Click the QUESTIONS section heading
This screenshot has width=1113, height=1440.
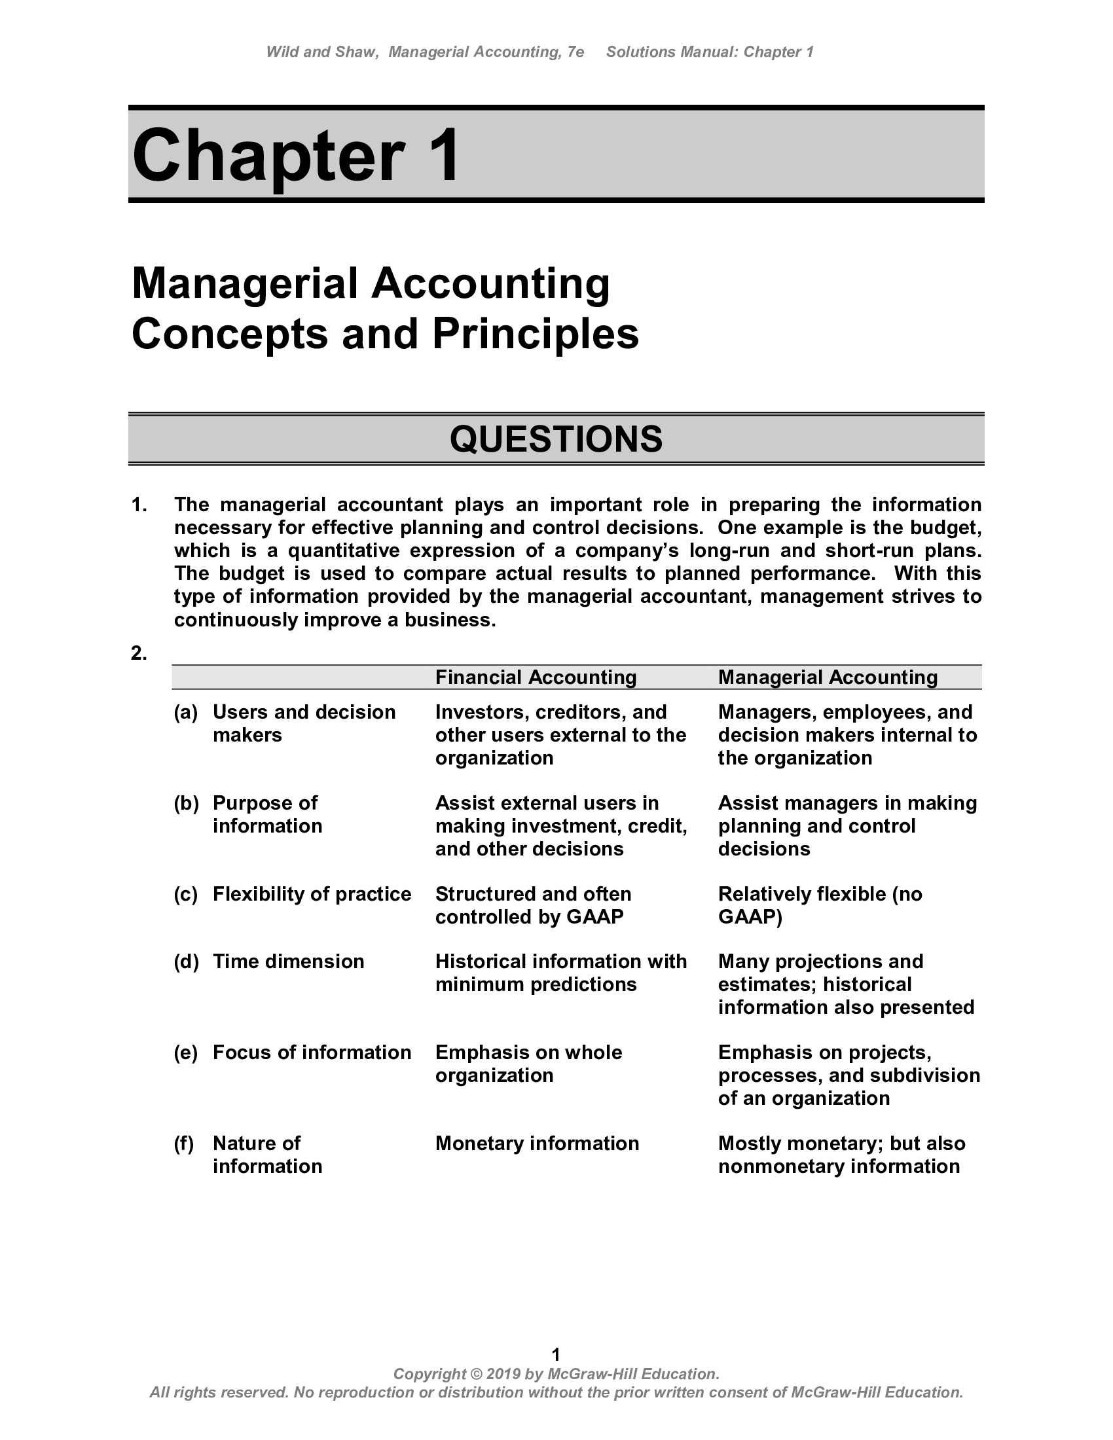[556, 439]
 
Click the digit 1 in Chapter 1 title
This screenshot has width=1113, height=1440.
[441, 156]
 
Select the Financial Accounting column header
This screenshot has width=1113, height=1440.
[536, 677]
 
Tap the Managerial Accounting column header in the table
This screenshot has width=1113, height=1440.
[828, 677]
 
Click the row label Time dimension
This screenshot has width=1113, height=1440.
[288, 962]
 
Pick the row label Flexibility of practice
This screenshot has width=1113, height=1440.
[311, 894]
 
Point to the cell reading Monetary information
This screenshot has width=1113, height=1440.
[537, 1143]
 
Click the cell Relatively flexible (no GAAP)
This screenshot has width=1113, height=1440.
[820, 905]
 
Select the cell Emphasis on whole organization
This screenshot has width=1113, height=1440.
[528, 1064]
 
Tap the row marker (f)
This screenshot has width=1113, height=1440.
[184, 1143]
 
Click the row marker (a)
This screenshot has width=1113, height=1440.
[185, 712]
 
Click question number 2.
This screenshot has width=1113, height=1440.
[138, 653]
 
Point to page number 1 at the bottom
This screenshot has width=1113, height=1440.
[556, 1354]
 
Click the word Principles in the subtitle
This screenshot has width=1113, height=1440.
[536, 334]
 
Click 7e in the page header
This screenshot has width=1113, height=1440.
[575, 52]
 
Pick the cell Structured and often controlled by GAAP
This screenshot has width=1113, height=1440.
[533, 905]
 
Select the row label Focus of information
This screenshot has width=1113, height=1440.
[311, 1053]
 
